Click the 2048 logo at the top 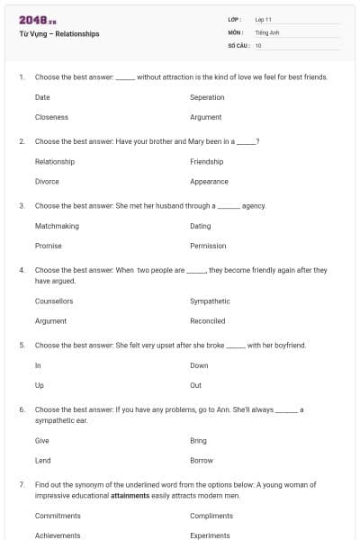point(36,20)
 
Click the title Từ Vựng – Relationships point(58,34)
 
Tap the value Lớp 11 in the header point(264,19)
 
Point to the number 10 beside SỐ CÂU point(258,45)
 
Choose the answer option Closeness point(51,117)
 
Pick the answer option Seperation point(207,97)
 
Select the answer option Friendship point(207,162)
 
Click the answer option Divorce point(47,181)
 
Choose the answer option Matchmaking point(57,226)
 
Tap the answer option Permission point(208,246)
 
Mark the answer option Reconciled point(208,320)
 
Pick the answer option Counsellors point(54,301)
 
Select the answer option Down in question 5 point(199,365)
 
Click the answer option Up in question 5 point(39,385)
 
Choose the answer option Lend point(42,460)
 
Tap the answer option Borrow point(202,460)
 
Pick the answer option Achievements point(58,535)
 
